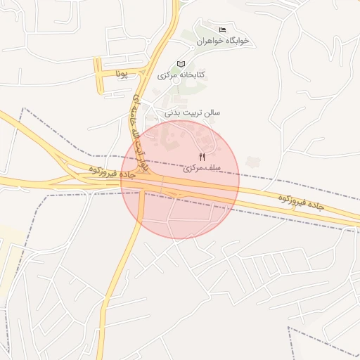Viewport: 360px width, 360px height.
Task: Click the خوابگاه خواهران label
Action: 224,41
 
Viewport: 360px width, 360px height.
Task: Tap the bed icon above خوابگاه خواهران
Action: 223,30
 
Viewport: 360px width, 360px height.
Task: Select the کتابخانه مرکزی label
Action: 181,75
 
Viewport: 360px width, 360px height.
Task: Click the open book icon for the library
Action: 181,63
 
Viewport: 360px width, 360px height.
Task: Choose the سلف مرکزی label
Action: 202,169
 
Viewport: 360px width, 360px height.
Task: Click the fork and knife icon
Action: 202,157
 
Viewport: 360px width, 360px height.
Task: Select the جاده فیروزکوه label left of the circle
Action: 102,171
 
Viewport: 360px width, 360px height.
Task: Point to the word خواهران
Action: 210,41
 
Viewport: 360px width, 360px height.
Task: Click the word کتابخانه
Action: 190,75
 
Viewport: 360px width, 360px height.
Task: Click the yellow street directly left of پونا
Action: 99,75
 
